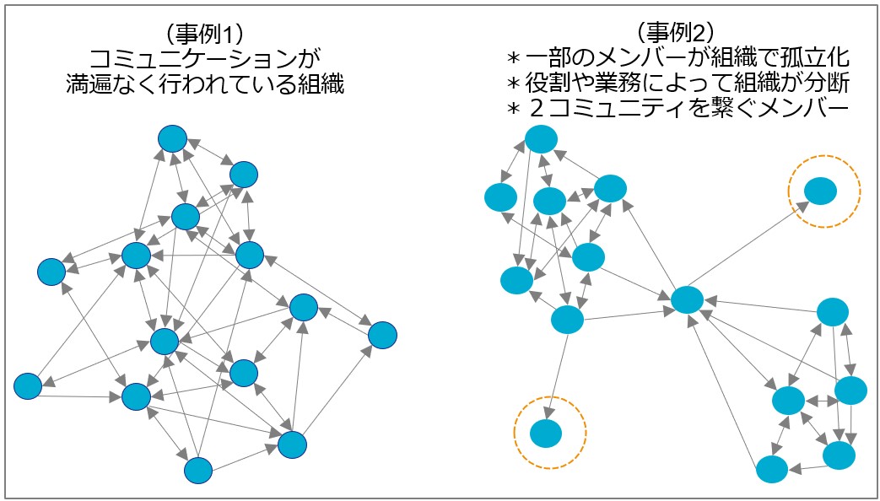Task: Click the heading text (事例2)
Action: click(675, 33)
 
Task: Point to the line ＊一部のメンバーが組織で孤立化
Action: click(675, 58)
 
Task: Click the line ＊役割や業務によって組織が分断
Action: click(675, 84)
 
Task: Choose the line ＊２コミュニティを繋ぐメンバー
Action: click(675, 110)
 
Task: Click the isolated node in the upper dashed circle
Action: click(819, 191)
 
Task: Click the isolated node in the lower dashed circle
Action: click(546, 433)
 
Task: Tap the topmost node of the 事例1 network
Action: click(172, 138)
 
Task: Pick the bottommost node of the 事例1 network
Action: click(197, 470)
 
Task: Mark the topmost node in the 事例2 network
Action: click(542, 138)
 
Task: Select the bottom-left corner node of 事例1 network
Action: click(28, 385)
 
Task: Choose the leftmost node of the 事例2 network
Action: click(500, 197)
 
